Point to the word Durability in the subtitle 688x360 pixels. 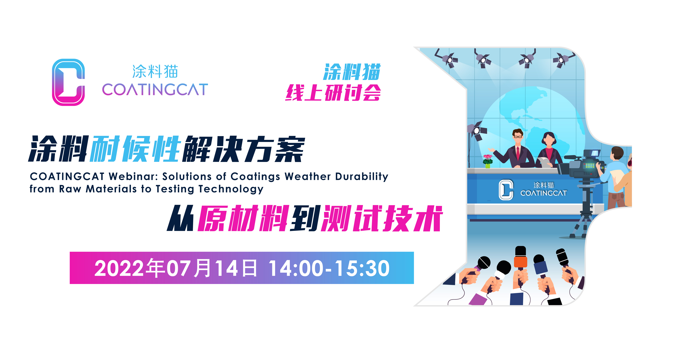[x=362, y=177]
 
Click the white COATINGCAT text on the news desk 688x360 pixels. [x=544, y=193]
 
